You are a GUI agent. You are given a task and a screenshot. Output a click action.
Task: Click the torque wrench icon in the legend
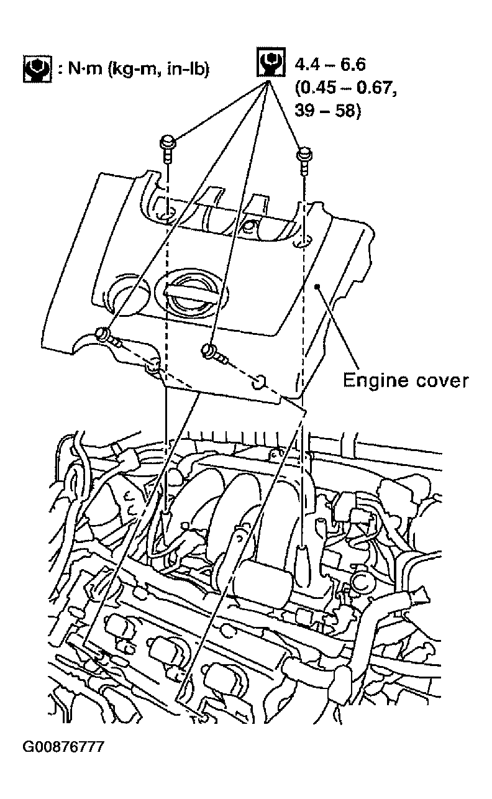coord(37,69)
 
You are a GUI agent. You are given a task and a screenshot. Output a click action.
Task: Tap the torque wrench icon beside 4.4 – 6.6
coord(271,62)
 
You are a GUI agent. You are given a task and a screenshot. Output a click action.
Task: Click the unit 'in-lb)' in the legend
coord(188,68)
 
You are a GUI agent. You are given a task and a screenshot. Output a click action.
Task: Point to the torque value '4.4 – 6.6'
coord(330,65)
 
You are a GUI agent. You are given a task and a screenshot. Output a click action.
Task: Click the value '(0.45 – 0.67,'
coord(346,88)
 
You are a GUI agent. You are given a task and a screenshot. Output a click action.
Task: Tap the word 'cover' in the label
coord(442,381)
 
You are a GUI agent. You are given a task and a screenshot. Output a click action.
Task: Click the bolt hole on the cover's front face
coord(258,382)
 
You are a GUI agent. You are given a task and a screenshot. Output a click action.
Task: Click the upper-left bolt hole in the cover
coord(168,216)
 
